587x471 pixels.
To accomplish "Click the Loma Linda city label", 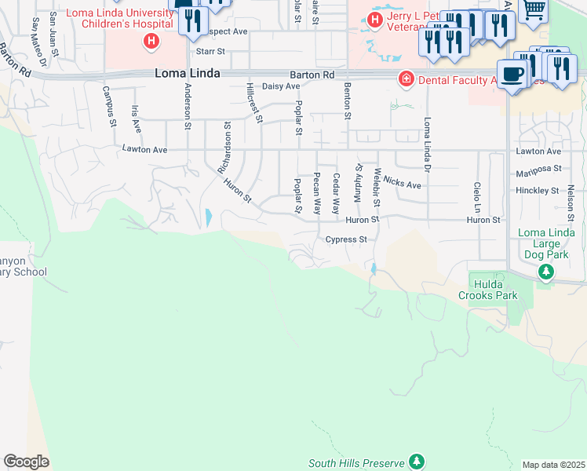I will [188, 73].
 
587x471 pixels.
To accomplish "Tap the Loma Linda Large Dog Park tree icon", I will [546, 272].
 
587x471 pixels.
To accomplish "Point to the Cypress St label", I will [346, 239].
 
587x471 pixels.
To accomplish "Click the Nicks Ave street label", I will [403, 185].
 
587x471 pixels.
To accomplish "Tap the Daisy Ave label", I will [281, 86].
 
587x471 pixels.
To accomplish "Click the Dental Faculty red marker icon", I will [406, 78].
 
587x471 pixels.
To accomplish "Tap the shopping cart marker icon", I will [534, 10].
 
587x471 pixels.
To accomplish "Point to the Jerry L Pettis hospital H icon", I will [377, 19].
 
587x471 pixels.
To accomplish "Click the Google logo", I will [26, 462].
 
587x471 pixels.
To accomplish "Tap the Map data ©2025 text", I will [552, 465].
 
